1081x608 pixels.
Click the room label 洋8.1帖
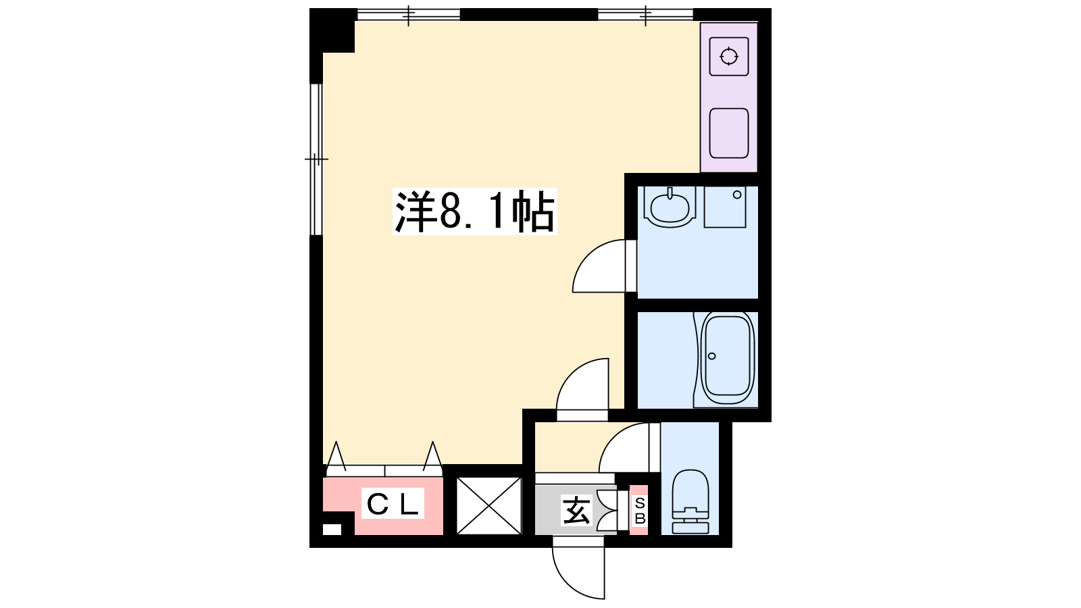tap(475, 212)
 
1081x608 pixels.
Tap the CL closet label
tap(393, 504)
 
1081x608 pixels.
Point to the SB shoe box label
tap(640, 511)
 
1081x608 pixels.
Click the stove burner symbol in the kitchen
tap(729, 57)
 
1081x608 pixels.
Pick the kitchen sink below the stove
tap(729, 133)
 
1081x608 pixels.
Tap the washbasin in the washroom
tap(670, 207)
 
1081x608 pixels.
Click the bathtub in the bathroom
tap(728, 359)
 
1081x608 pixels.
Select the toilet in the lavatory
tap(690, 502)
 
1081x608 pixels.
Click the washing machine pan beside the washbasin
tap(725, 207)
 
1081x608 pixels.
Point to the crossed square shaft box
tap(489, 506)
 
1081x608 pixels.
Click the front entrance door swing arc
tap(568, 583)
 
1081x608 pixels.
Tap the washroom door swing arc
tap(588, 255)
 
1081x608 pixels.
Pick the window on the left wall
tap(316, 159)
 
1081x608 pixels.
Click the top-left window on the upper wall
tap(408, 14)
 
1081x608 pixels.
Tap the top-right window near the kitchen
tap(646, 14)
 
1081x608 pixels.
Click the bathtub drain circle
tap(712, 356)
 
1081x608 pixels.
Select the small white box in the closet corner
tap(332, 530)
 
